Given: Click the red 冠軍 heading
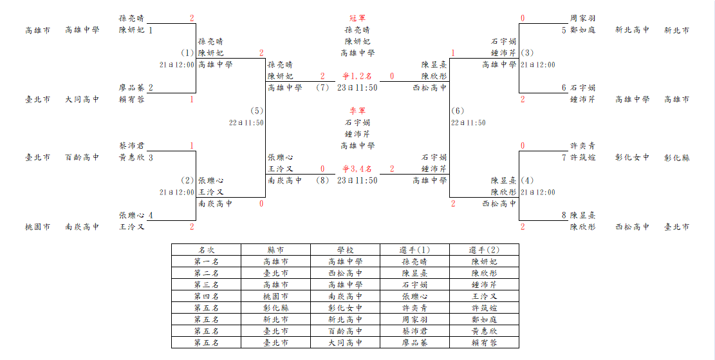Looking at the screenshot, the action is click(x=358, y=18).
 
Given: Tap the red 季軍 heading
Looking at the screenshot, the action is click(x=358, y=111).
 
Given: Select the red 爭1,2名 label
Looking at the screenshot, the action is click(x=358, y=76).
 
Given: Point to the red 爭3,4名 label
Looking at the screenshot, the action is click(x=358, y=169).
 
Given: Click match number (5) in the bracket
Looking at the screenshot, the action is click(x=257, y=111).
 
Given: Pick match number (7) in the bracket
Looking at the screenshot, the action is click(x=322, y=88).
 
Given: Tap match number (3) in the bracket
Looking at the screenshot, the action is click(x=526, y=53).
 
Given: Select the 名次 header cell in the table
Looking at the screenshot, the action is click(x=206, y=250).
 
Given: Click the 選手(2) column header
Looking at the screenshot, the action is click(x=484, y=250).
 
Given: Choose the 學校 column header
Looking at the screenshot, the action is click(x=345, y=250).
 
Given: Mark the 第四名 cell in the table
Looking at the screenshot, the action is click(x=206, y=297).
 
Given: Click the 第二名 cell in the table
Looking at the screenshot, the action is click(x=206, y=273).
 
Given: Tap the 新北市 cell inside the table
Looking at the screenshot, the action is click(x=275, y=319).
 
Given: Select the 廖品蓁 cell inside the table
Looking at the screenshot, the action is click(x=414, y=343).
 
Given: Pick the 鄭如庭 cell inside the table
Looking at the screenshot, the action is click(x=484, y=319).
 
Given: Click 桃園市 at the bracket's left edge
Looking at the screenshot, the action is click(x=37, y=227).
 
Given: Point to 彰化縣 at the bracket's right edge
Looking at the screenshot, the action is click(x=676, y=157).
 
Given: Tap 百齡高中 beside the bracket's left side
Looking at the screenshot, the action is click(x=82, y=157).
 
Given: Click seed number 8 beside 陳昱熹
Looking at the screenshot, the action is click(x=564, y=215).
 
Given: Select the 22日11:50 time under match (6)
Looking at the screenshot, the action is click(x=469, y=123).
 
